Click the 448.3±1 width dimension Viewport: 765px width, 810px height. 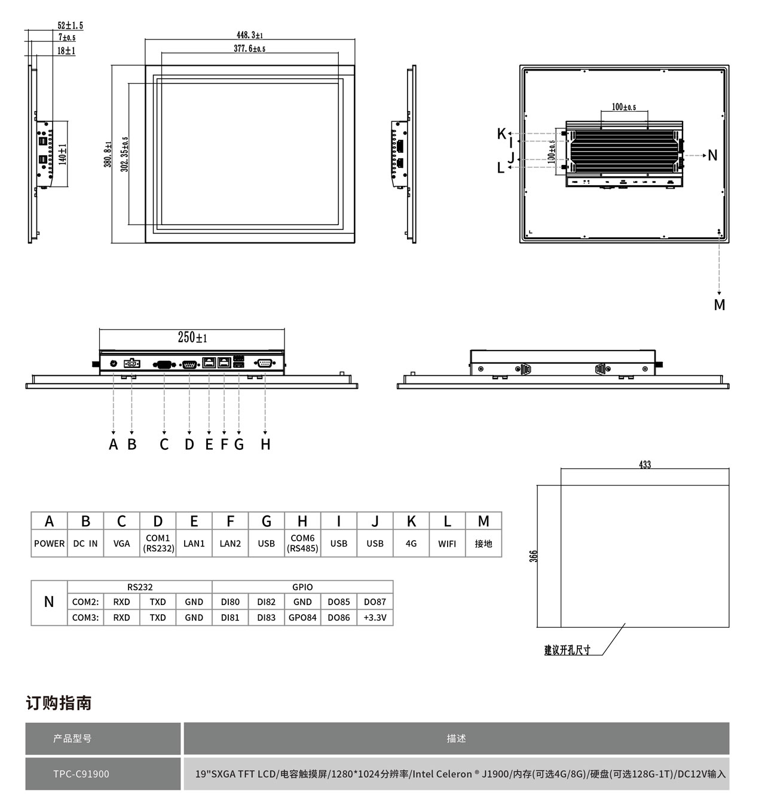[250, 35]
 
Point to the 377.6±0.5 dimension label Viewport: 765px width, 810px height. [249, 48]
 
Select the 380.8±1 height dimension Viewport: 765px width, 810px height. [108, 154]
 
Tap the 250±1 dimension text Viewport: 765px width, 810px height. [192, 337]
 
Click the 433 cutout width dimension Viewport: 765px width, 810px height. [645, 464]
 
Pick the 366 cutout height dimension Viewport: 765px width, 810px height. [534, 556]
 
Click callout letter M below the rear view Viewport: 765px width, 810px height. [720, 305]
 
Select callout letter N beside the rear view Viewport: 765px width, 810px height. [712, 156]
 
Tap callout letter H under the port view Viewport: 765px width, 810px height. [265, 444]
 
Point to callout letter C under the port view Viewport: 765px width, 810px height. [164, 444]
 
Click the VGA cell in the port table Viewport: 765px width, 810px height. [121, 544]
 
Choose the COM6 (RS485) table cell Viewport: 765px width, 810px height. [302, 543]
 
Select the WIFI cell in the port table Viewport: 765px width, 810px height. [447, 544]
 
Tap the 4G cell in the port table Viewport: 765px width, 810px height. [411, 544]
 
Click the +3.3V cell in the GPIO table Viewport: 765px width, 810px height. [375, 618]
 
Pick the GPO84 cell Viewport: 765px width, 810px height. [302, 618]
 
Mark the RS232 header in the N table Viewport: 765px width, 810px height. [140, 587]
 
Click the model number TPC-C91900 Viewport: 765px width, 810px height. [81, 774]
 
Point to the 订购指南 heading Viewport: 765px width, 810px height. [59, 703]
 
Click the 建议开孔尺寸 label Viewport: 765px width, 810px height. [567, 650]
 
